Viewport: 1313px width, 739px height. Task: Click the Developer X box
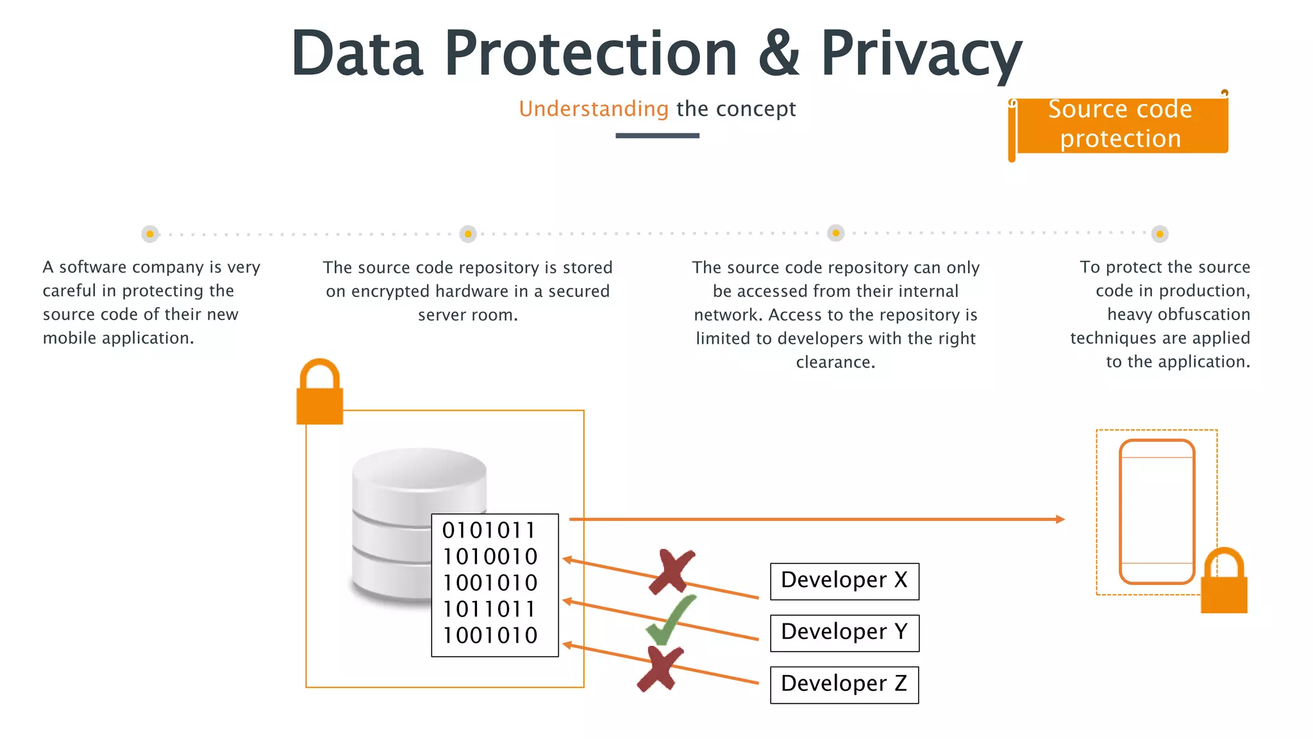click(x=844, y=581)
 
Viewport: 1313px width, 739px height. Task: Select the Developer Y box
click(x=844, y=633)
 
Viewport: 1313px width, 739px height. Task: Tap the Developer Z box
click(x=844, y=685)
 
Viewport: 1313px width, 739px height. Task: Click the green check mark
click(x=669, y=620)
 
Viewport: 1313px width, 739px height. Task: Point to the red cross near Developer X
click(x=671, y=571)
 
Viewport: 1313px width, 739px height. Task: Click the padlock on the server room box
click(x=319, y=393)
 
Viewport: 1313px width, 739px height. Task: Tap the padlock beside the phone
click(x=1223, y=581)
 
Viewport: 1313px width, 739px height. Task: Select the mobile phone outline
click(x=1157, y=511)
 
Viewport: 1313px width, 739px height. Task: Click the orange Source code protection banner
click(x=1120, y=124)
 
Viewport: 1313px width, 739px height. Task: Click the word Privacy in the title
click(x=921, y=54)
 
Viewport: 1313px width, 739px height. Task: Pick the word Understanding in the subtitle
click(x=594, y=109)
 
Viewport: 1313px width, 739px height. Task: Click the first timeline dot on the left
click(x=150, y=234)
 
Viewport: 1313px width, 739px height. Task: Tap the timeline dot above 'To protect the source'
click(x=1159, y=234)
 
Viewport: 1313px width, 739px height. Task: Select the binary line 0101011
click(x=489, y=531)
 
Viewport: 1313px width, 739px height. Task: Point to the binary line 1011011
click(x=489, y=609)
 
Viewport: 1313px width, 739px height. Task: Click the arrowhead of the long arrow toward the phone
click(x=1060, y=519)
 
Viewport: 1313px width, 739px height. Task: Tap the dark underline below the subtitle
click(x=657, y=135)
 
